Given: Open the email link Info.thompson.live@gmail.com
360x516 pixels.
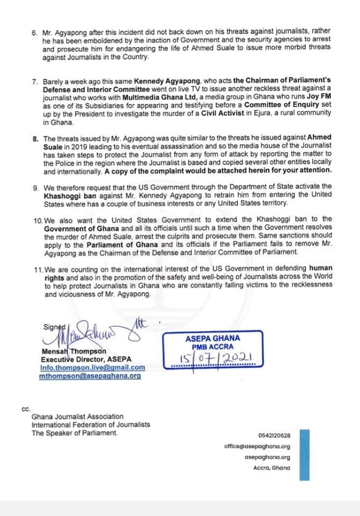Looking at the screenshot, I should click(93, 368).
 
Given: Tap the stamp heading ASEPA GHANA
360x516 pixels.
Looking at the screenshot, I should click(213, 339).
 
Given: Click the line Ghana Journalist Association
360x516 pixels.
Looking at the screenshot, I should click(77, 417).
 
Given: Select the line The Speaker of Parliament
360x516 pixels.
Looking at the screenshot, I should click(74, 433).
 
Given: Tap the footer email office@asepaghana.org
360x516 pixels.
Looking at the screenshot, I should click(257, 446).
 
